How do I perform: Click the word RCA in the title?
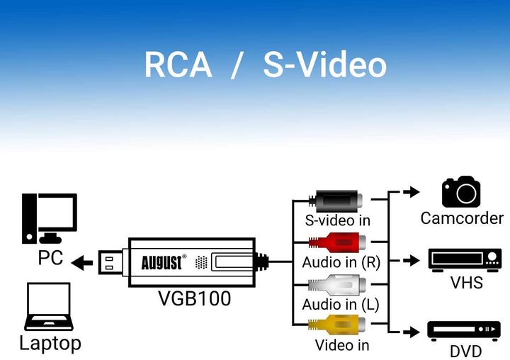click(x=178, y=65)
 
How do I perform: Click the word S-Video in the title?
click(x=324, y=65)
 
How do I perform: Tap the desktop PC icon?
click(x=49, y=218)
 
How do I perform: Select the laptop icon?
click(x=48, y=308)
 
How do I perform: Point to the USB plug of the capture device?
click(x=112, y=263)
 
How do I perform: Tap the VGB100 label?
click(x=194, y=298)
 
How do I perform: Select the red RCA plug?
click(x=336, y=242)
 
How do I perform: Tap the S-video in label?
click(x=337, y=220)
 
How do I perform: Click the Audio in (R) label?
click(x=341, y=262)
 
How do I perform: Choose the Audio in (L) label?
click(x=341, y=305)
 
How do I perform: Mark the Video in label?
click(x=342, y=345)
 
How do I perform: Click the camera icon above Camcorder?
click(x=461, y=192)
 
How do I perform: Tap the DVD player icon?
click(x=464, y=330)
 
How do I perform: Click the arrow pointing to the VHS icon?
click(x=409, y=260)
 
